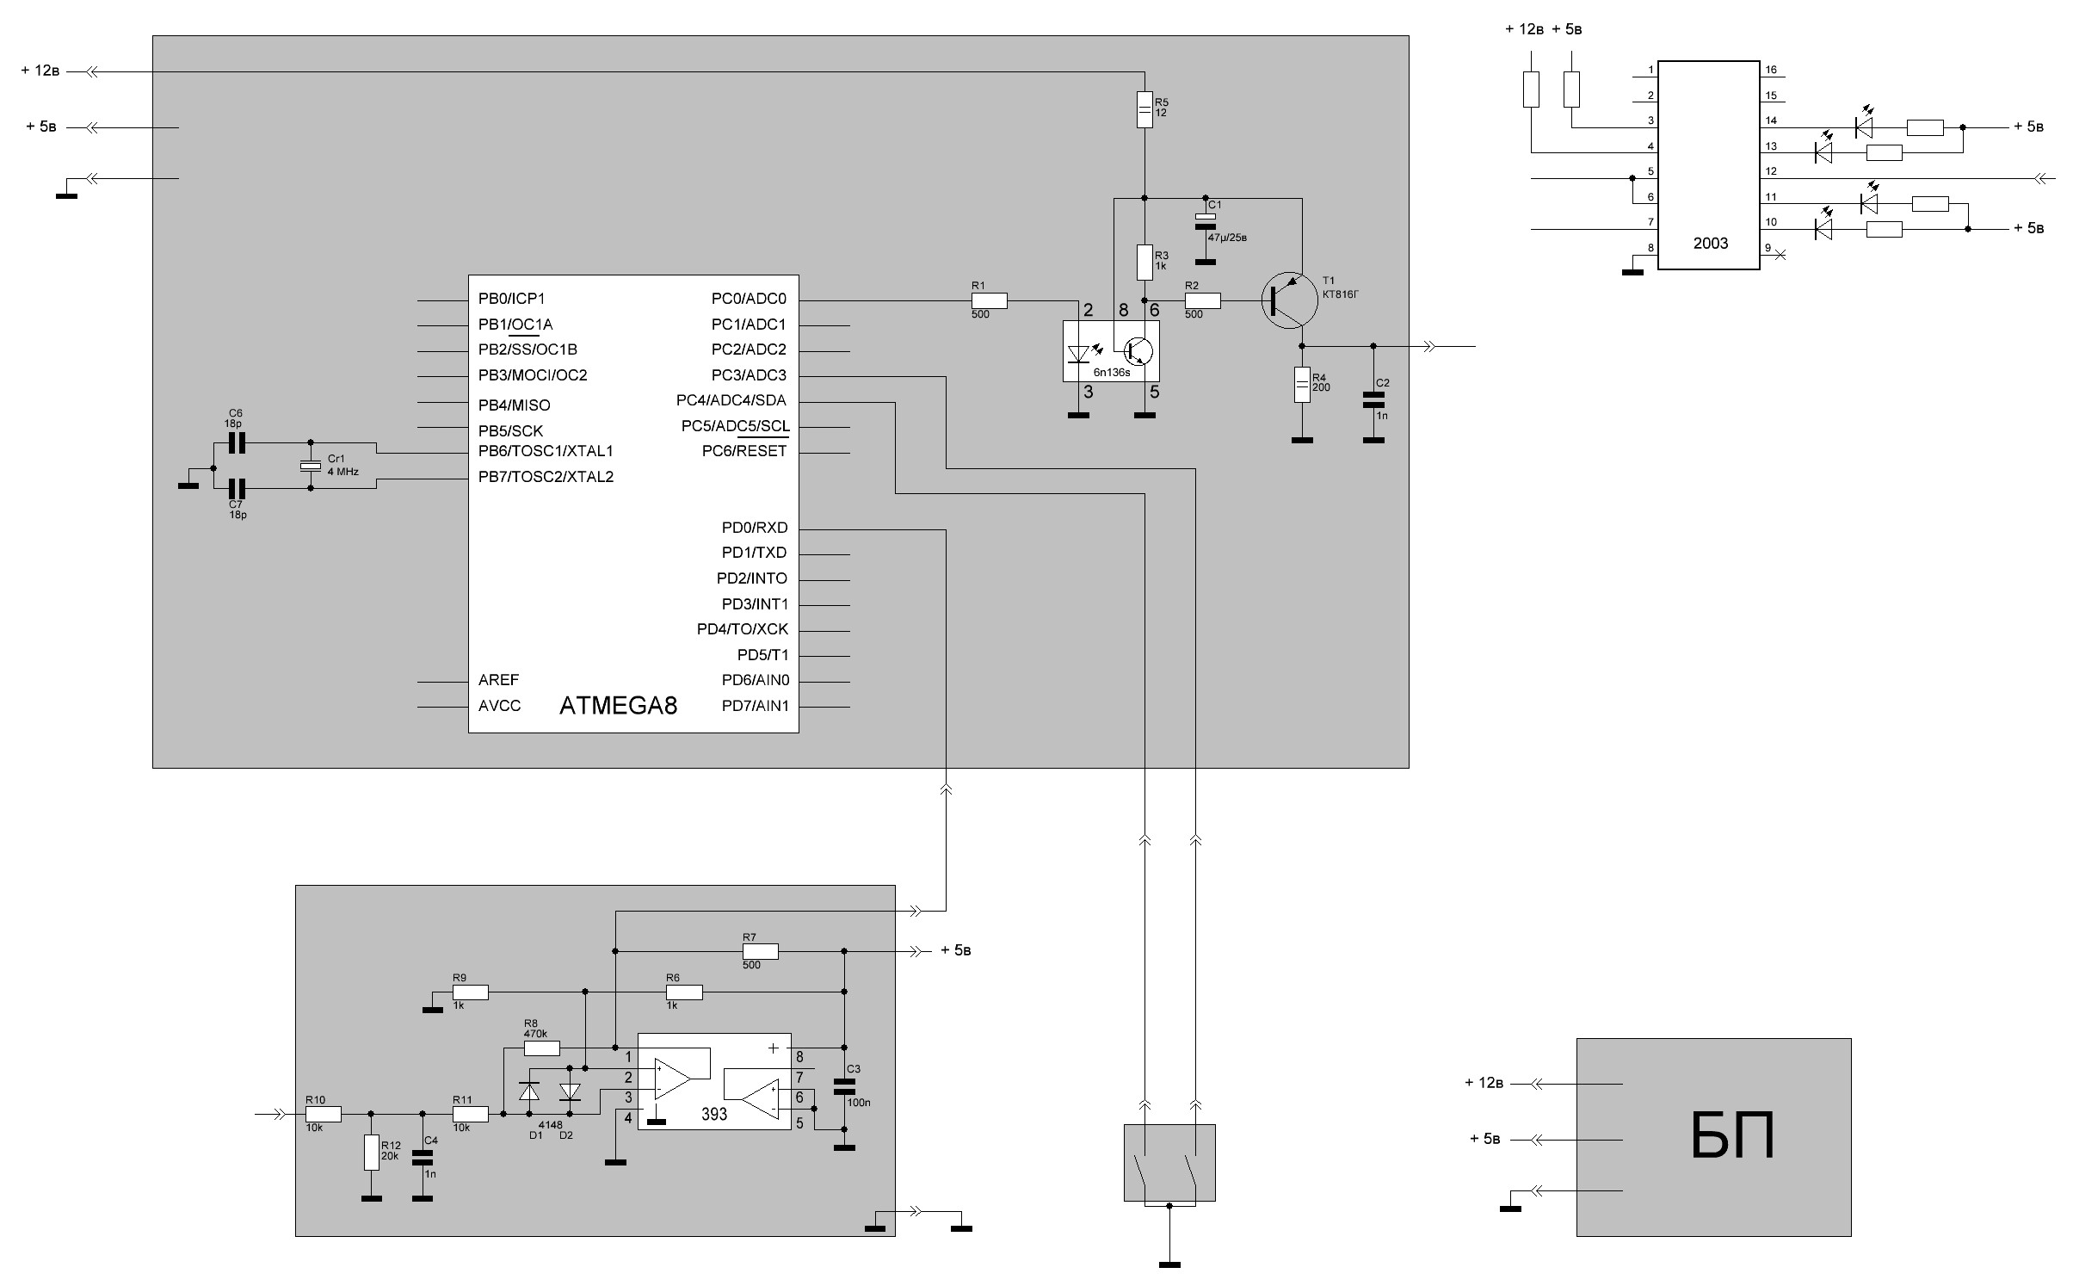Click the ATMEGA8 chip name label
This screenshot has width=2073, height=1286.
(x=618, y=706)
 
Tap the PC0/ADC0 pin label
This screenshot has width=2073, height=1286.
(x=748, y=299)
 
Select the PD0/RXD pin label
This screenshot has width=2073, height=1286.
(x=754, y=528)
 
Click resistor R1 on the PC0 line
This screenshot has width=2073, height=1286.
(x=989, y=300)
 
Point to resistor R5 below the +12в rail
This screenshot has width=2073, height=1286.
(x=1144, y=108)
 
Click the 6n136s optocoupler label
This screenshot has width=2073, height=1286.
(x=1111, y=373)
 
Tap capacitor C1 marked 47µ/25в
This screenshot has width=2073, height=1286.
(x=1206, y=221)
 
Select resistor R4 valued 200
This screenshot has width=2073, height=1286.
(x=1302, y=385)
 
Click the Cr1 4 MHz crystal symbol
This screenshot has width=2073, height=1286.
(x=311, y=466)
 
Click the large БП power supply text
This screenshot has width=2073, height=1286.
(x=1731, y=1136)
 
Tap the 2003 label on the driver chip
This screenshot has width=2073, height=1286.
(x=1710, y=243)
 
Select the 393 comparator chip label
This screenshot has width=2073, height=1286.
(x=713, y=1114)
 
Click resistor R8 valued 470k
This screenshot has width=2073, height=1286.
(x=541, y=1048)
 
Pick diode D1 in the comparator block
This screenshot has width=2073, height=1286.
(x=528, y=1091)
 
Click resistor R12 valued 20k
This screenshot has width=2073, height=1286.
(x=371, y=1152)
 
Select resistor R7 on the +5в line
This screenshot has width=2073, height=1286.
(x=760, y=951)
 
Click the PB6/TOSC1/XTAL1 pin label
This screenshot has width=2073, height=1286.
(x=546, y=451)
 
